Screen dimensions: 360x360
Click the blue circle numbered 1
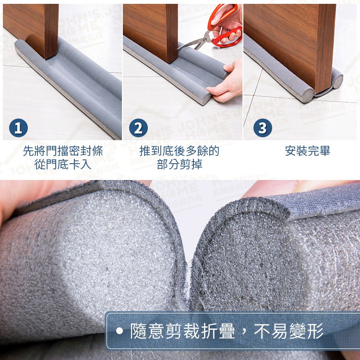click(x=18, y=128)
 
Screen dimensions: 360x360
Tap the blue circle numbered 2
click(x=138, y=128)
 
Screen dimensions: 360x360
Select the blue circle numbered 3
click(x=263, y=128)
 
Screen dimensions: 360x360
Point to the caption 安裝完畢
click(x=308, y=151)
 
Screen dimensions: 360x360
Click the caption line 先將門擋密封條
click(x=63, y=151)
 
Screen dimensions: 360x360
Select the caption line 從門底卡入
click(x=63, y=164)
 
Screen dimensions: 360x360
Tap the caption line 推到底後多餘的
click(x=180, y=151)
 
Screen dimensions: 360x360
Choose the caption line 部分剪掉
click(x=180, y=164)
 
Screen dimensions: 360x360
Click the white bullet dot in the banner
click(x=120, y=331)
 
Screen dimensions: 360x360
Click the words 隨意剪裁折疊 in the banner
click(x=183, y=331)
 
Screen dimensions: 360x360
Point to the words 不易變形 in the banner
click(x=288, y=331)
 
